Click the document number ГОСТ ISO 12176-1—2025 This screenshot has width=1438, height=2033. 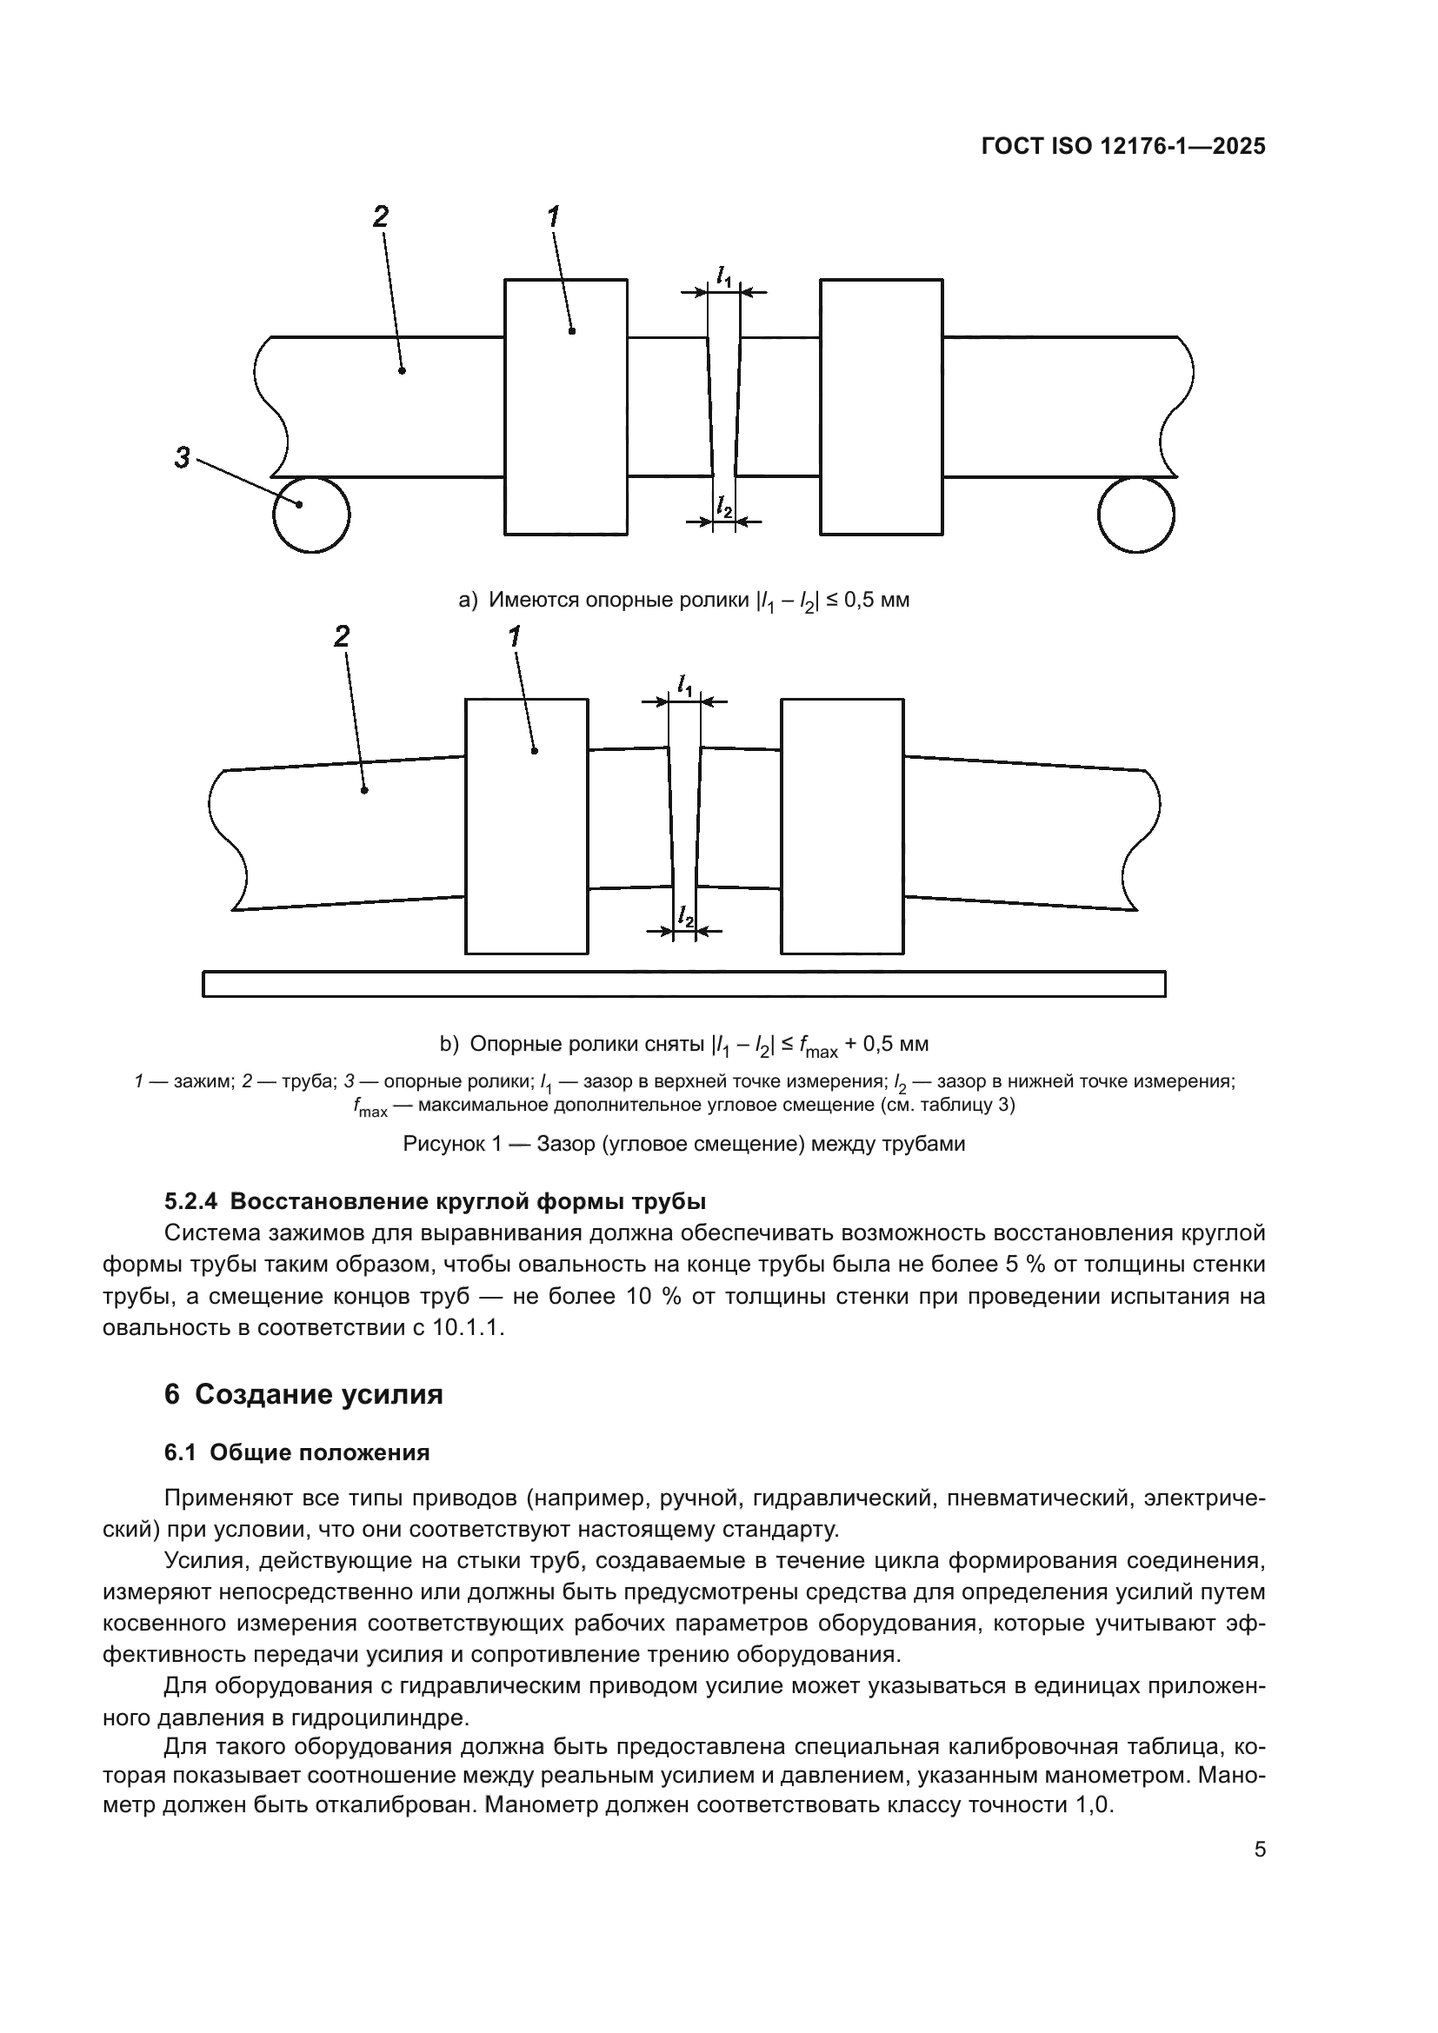(x=1123, y=147)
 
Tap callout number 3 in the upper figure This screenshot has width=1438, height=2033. (x=182, y=459)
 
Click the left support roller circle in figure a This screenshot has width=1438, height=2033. (x=310, y=515)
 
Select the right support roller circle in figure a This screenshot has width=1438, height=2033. (x=1136, y=515)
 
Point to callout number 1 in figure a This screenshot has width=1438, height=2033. (x=554, y=217)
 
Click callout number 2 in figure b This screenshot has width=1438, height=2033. (x=342, y=636)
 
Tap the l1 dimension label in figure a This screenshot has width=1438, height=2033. (x=724, y=276)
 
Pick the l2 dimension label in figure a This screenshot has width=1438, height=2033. (x=724, y=508)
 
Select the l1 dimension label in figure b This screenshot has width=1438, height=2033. (x=684, y=684)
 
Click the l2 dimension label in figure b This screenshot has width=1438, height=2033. (x=684, y=916)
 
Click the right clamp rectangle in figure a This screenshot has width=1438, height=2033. (x=881, y=408)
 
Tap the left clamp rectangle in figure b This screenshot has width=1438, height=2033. (x=527, y=826)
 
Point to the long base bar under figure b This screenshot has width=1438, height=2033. (x=684, y=984)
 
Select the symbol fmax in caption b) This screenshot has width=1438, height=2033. (x=818, y=1046)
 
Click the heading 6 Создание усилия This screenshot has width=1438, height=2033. (x=303, y=1394)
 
